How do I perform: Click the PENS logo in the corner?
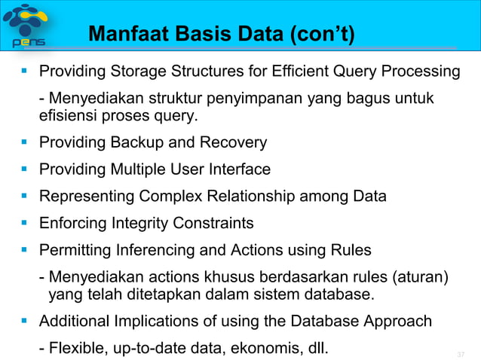click(27, 25)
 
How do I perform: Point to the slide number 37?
click(462, 354)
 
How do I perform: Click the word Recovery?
click(236, 142)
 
